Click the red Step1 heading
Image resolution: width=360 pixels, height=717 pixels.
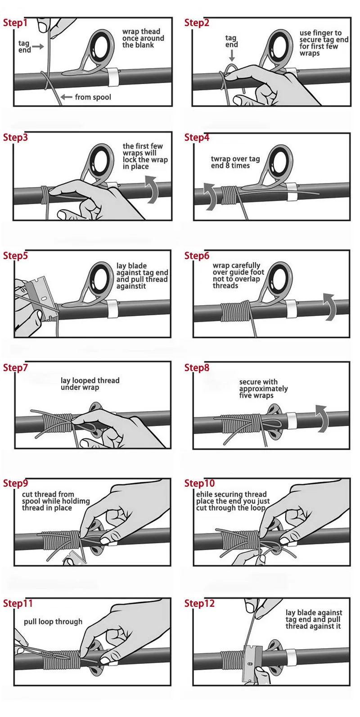(x=15, y=23)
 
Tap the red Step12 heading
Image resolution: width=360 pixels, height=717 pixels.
(x=199, y=603)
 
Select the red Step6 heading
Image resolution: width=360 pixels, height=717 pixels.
(x=197, y=256)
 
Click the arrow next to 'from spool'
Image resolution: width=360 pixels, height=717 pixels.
(x=66, y=97)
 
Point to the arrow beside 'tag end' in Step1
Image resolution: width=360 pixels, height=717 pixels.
(x=38, y=47)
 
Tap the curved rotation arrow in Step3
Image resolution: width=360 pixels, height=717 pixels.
(x=152, y=189)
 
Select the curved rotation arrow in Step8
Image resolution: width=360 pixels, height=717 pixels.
(x=322, y=418)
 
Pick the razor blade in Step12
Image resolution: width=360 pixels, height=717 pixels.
(x=252, y=663)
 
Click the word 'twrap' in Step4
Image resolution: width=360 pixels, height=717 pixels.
(x=220, y=159)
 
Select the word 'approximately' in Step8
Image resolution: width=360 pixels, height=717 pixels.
(x=263, y=389)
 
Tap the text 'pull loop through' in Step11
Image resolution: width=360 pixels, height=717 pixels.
(x=53, y=622)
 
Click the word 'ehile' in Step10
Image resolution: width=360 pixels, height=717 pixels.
(x=204, y=494)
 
